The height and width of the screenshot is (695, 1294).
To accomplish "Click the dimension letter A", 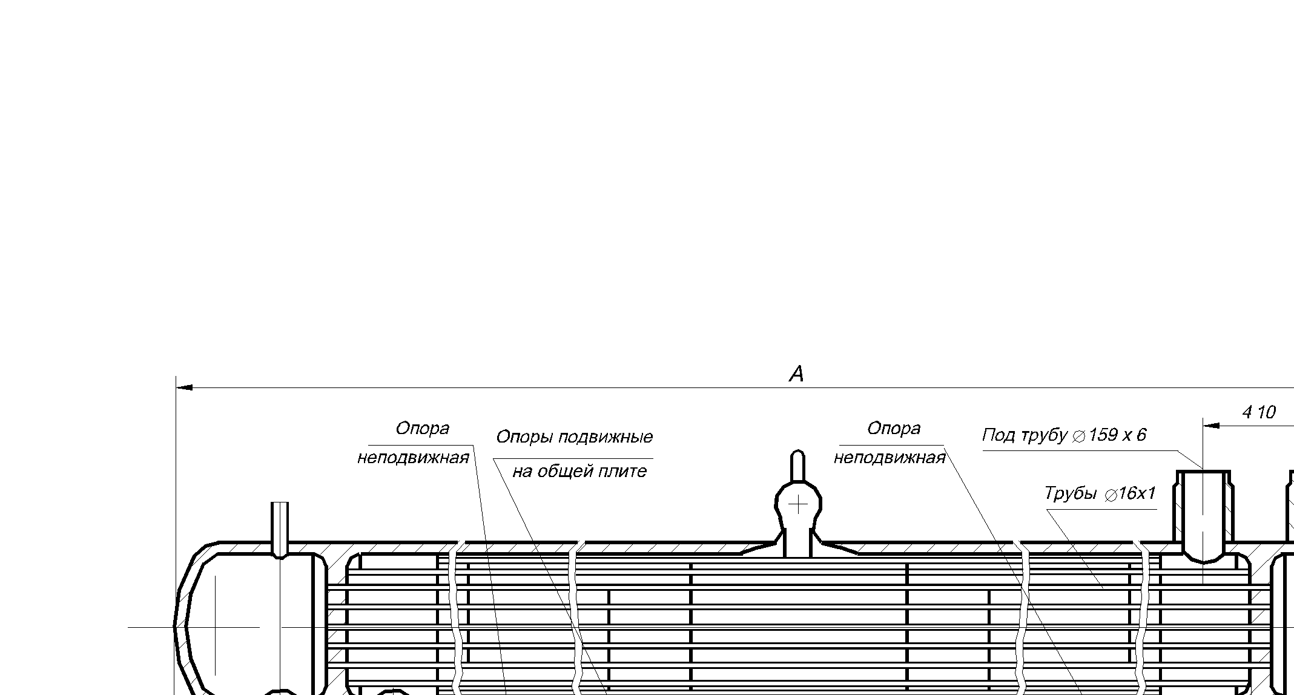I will [796, 374].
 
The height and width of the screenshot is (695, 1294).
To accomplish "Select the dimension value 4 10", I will [1258, 413].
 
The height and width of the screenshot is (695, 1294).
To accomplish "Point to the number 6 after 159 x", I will [1141, 435].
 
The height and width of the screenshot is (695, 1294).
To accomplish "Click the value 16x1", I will [1137, 493].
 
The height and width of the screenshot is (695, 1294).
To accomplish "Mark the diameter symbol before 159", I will [1078, 436].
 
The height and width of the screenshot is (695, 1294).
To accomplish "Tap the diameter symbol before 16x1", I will [1110, 495].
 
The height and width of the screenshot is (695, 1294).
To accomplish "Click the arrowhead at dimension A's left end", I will [184, 387].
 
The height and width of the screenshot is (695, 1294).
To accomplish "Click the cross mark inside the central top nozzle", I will [798, 504].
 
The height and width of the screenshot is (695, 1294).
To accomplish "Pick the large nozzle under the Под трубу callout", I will [1203, 515].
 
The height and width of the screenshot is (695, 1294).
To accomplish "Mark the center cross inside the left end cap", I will [216, 627].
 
